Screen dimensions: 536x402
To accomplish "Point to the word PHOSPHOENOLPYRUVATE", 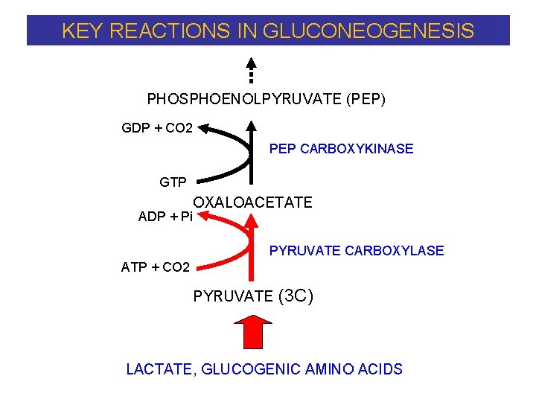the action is [x=245, y=99].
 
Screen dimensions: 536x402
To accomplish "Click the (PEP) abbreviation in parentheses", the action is [x=366, y=99].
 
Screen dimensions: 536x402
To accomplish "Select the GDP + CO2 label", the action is [x=157, y=128].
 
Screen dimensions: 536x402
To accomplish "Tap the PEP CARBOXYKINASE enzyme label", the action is [x=341, y=149].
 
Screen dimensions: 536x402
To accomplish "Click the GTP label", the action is [x=173, y=182].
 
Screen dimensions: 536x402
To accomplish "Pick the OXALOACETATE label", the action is [x=253, y=202].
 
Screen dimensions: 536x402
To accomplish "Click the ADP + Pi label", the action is [x=165, y=217].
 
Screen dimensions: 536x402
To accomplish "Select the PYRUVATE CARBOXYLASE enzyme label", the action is [x=357, y=251].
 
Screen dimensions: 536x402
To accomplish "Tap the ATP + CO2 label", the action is [x=156, y=267].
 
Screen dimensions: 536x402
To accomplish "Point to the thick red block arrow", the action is [x=252, y=331].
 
